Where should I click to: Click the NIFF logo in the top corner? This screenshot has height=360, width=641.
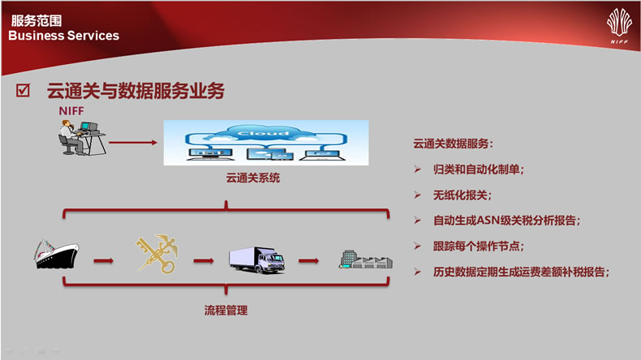619,26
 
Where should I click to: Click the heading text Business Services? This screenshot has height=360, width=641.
64,36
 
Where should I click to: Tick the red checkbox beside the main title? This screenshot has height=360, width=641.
23,90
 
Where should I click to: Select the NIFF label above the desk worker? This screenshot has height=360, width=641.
71,111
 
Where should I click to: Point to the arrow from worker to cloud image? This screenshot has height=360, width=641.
133,143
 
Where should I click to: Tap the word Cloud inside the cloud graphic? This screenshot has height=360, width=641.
263,133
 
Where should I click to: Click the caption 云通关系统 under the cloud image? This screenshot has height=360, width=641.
253,178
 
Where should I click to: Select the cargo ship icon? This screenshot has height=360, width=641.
57,254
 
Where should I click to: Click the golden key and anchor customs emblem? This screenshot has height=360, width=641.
157,253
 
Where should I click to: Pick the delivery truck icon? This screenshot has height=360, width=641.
256,259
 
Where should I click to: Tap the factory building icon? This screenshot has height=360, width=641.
366,259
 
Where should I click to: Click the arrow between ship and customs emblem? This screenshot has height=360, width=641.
103,261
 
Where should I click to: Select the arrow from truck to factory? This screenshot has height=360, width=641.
308,261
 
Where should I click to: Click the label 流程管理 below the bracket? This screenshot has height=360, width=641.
226,311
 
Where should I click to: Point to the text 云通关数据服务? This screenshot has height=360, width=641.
453,144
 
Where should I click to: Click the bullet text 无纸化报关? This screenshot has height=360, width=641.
460,195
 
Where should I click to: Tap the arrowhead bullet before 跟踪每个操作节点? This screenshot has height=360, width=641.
417,246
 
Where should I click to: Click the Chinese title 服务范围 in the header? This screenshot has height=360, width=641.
37,20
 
